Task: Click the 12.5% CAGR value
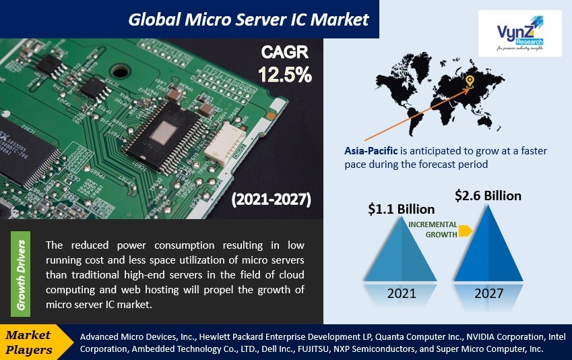click(x=285, y=75)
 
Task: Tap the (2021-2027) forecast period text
click(x=272, y=200)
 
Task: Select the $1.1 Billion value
click(x=401, y=210)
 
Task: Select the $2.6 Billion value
click(x=488, y=196)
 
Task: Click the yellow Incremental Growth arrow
click(x=465, y=231)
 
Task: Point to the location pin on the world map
click(x=470, y=82)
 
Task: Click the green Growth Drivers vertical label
click(x=22, y=274)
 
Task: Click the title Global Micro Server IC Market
click(x=249, y=19)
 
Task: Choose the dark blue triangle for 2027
click(x=490, y=246)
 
